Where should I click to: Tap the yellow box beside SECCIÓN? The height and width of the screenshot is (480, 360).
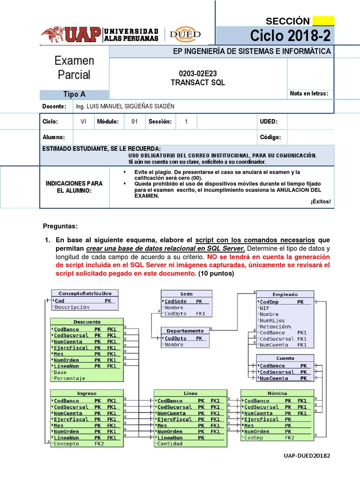coord(323,21)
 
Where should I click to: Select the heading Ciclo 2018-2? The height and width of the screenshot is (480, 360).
coord(290,35)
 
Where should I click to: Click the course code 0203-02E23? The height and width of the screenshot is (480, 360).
coord(198,73)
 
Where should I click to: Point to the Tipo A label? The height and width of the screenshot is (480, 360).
coord(74,94)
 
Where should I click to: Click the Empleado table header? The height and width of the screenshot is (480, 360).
coord(285,294)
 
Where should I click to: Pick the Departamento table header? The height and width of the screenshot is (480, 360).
coord(185,330)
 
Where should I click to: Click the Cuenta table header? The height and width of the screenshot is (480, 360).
coord(285,358)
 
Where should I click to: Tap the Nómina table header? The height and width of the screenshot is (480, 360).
coord(277,393)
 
